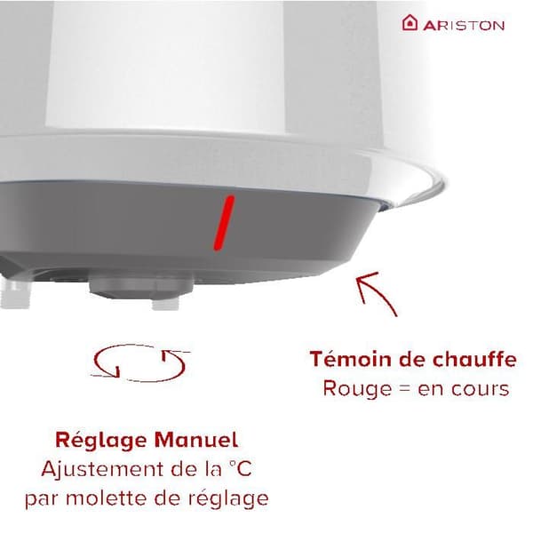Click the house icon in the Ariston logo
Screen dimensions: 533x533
410,23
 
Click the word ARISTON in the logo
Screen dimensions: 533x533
464,26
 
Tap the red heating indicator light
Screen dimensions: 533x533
224,223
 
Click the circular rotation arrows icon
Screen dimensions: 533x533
140,362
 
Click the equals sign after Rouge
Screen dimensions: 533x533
404,389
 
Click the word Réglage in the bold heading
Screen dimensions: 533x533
100,442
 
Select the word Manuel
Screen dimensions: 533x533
196,440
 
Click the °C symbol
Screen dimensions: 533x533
240,469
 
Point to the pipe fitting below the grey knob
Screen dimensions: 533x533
165,303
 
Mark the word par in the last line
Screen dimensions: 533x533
42,500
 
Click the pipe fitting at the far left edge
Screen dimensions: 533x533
14,293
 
